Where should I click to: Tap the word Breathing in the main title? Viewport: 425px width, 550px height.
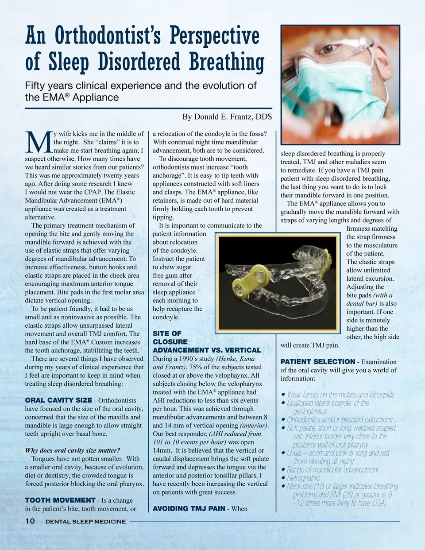pyautogui.click(x=227, y=62)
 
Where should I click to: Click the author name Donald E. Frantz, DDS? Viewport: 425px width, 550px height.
pyautogui.click(x=227, y=117)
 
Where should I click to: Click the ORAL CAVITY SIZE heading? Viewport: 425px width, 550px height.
pyautogui.click(x=58, y=400)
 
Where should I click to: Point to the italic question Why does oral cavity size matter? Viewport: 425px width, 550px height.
pyautogui.click(x=72, y=450)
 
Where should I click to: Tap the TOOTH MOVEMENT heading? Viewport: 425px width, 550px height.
pyautogui.click(x=60, y=500)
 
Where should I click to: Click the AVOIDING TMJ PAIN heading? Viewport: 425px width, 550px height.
pyautogui.click(x=189, y=509)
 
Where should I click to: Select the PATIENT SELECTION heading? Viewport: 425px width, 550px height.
pyautogui.click(x=317, y=362)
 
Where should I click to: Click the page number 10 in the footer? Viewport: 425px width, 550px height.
pyautogui.click(x=30, y=521)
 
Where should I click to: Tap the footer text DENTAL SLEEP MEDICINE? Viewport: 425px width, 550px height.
pyautogui.click(x=85, y=522)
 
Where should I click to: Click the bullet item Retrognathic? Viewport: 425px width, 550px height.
pyautogui.click(x=303, y=478)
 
